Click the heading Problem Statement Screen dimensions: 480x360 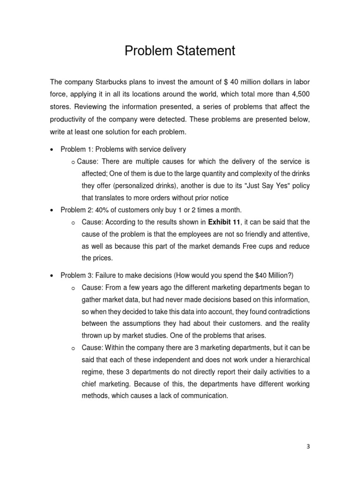(x=180, y=51)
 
